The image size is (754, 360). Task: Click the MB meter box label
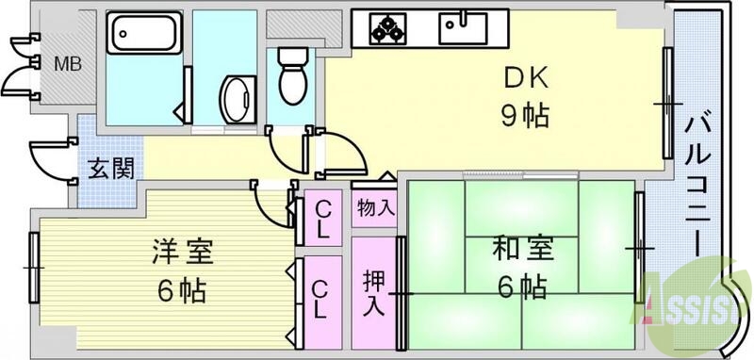[x=66, y=64]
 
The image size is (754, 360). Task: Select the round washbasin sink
[x=236, y=96]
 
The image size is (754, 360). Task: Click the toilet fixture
[x=292, y=78]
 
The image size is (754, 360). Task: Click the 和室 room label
[x=521, y=250]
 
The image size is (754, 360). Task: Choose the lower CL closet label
[x=321, y=300]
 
